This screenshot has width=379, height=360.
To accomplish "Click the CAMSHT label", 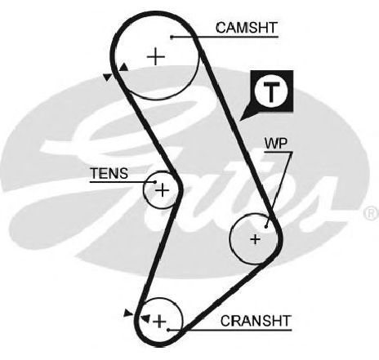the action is (x=247, y=28).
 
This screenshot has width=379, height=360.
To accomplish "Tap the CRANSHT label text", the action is (x=256, y=321).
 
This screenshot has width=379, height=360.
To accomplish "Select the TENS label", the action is (x=109, y=173).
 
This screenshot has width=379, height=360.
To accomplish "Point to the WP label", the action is (x=276, y=144).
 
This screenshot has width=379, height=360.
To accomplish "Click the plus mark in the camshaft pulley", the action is (x=156, y=57).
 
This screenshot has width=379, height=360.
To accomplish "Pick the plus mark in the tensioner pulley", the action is (x=163, y=189).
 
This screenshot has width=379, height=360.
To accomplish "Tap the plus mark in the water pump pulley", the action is (x=256, y=239).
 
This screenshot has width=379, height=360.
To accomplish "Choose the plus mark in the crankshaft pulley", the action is (x=159, y=322).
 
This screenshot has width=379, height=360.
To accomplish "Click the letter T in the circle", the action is (x=270, y=91).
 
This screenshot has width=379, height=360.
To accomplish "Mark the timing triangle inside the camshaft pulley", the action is (x=124, y=67).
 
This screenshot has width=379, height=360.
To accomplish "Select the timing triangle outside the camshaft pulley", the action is (x=108, y=77).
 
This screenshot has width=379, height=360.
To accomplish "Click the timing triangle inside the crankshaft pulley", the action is (x=145, y=318).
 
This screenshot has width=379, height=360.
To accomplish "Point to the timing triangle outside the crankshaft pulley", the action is (x=127, y=313).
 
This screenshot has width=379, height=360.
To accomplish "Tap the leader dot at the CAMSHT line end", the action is (x=172, y=37).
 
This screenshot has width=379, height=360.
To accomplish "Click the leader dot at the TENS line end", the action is (x=155, y=182).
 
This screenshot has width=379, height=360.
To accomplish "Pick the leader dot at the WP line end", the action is (x=266, y=226).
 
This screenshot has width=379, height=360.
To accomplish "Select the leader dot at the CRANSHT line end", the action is (x=168, y=330).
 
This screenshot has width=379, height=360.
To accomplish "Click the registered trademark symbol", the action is (x=371, y=213).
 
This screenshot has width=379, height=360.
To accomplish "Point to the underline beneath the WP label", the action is (x=279, y=153).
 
